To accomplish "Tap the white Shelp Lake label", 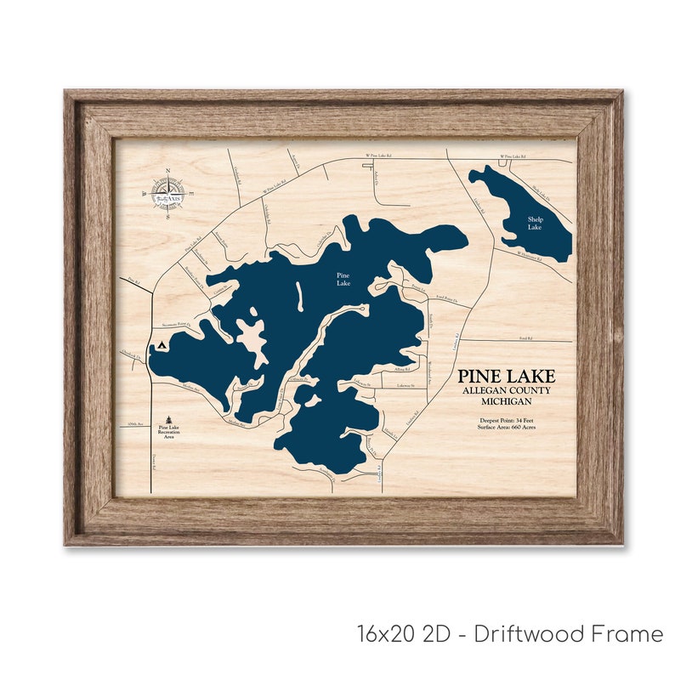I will click(x=534, y=224).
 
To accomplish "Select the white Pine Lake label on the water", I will click(x=343, y=279).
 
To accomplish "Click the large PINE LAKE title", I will click(x=506, y=377).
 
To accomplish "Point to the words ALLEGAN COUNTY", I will click(x=506, y=390).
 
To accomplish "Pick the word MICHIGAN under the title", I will click(x=506, y=400).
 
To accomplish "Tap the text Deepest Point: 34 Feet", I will click(x=507, y=420).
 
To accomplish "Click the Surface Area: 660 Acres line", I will click(x=507, y=428).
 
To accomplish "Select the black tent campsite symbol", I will click(x=162, y=346).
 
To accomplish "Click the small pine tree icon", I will click(x=169, y=419).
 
